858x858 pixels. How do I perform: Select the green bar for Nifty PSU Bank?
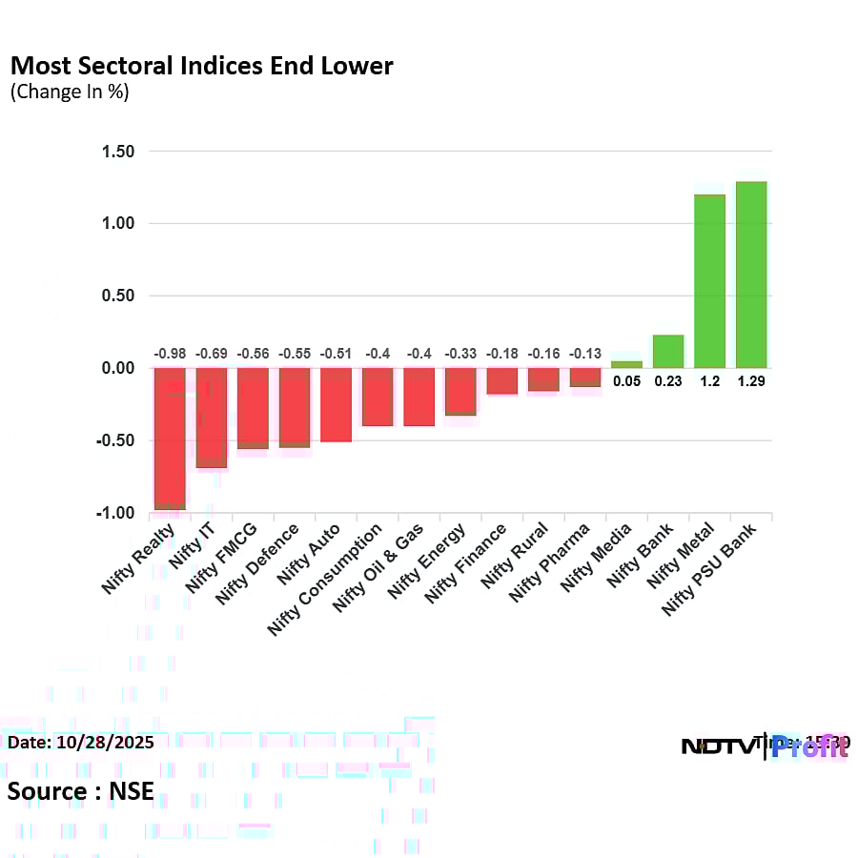(x=751, y=275)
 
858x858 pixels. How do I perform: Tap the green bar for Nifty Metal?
(x=709, y=281)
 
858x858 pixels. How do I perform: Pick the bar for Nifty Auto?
(x=337, y=405)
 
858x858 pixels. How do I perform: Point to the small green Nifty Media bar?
(x=626, y=364)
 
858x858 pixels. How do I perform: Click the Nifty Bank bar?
(x=668, y=352)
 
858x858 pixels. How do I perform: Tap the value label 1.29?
(x=751, y=380)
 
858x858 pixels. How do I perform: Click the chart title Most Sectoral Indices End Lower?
(x=201, y=66)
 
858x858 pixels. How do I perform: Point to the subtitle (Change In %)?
(x=69, y=92)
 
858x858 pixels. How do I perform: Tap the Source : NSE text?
(x=80, y=791)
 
